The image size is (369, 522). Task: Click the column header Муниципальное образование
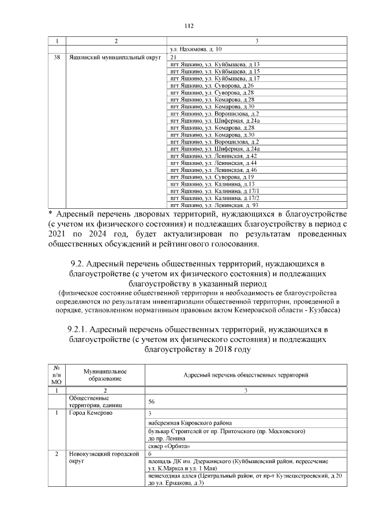104,375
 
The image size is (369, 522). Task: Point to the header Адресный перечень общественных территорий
245,375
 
